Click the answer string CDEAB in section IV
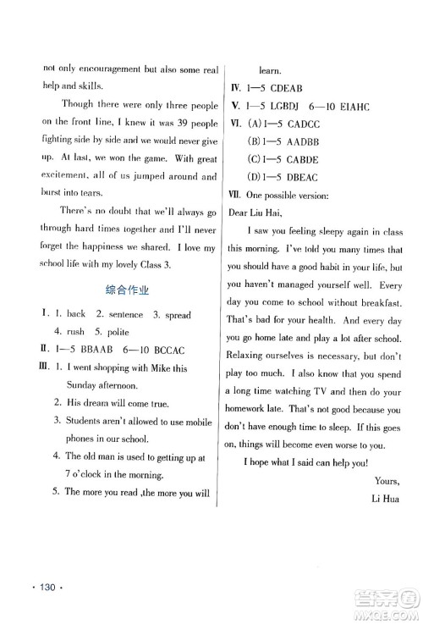click(x=290, y=89)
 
